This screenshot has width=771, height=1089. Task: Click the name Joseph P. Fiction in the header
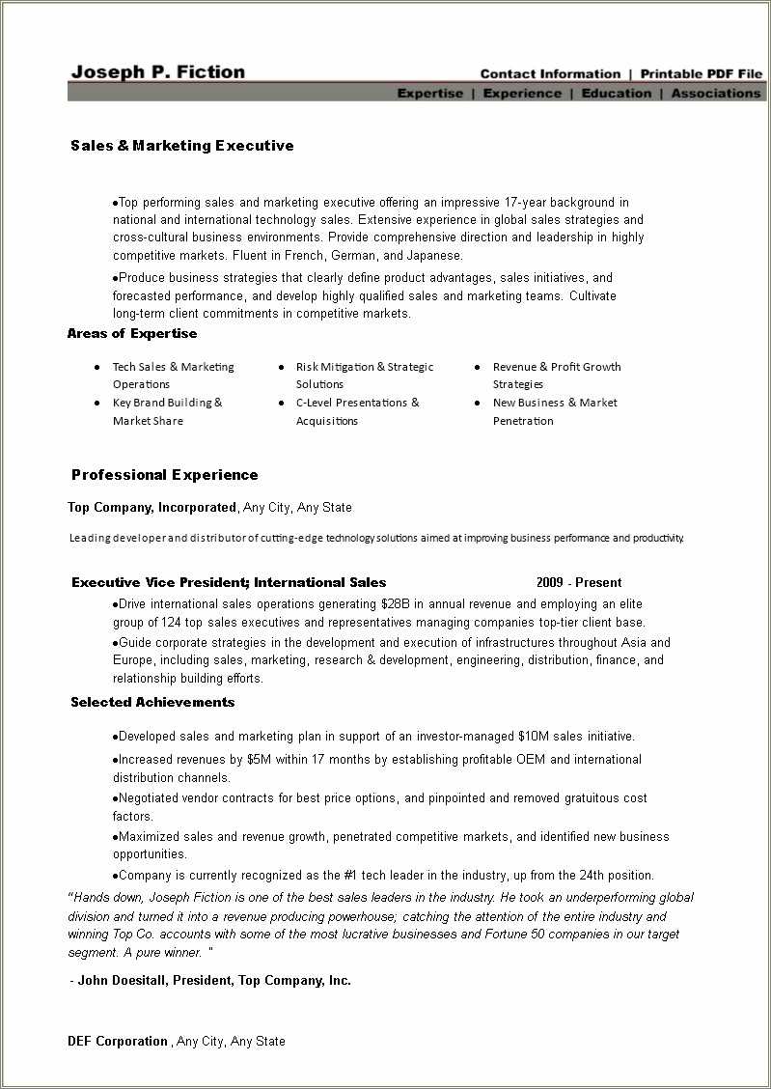coord(158,72)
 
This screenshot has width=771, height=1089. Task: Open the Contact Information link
coord(550,74)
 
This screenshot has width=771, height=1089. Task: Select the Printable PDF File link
coord(702,74)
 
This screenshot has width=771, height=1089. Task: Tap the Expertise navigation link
coord(430,94)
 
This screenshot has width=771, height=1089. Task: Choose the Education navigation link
coord(617,94)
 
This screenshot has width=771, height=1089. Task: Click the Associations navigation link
coord(716,94)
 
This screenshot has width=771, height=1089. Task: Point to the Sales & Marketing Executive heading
coord(182,146)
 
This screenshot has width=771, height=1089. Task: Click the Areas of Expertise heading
coord(132,334)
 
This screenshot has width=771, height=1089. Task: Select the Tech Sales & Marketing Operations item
coord(173,376)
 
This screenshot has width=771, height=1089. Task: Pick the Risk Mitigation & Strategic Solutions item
coord(364,376)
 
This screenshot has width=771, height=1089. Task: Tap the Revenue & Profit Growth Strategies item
coord(556,376)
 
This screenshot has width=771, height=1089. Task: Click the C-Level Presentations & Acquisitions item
coord(357,411)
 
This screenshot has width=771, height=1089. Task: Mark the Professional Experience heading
coord(165,475)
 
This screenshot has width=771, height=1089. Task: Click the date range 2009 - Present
coord(579,583)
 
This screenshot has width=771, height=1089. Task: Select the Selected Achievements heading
coord(152,703)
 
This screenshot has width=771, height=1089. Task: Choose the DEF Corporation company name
coord(118,1042)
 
